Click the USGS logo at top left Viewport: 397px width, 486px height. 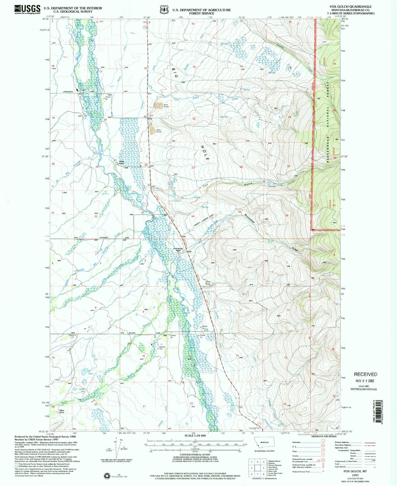pos(27,9)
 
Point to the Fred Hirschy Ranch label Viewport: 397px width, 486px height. pos(178,249)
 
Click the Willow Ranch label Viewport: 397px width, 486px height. pos(61,412)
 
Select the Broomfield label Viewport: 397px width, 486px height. pos(250,218)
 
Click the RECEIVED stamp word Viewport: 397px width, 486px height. pos(366,374)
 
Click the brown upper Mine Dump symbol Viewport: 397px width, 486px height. pos(159,106)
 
